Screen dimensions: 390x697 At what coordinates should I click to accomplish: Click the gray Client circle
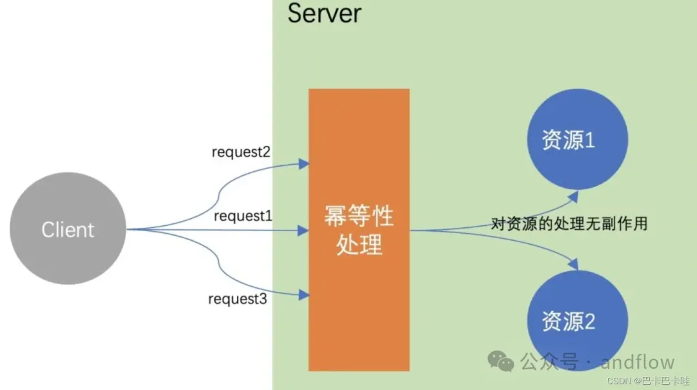pos(67,229)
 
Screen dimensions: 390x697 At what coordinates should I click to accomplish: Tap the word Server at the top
pos(324,13)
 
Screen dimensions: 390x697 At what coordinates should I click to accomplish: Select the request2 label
pos(241,152)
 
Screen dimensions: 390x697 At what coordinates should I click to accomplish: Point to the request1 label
pos(243,216)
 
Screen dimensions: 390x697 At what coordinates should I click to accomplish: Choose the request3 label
pos(237,299)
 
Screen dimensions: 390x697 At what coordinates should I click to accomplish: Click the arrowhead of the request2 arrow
pos(304,165)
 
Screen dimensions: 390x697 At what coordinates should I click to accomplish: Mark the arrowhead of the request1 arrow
pos(304,229)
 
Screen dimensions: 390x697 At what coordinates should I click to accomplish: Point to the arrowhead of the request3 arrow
pos(304,295)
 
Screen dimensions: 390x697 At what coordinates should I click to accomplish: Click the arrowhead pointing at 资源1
pos(575,193)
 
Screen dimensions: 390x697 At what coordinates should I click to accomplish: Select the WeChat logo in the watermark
pos(501,361)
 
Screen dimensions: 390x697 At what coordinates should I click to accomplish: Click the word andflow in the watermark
pos(638,362)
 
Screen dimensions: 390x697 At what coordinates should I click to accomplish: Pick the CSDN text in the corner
pos(619,381)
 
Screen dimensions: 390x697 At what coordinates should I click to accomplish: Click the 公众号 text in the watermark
pos(549,362)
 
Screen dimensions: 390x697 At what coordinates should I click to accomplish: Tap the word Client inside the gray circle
pos(68,230)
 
